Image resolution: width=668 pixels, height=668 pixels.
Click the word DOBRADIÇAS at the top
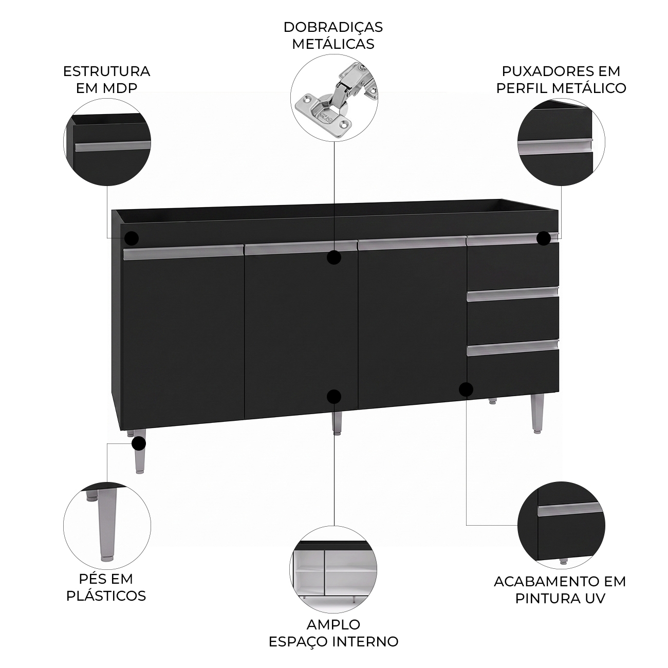(x=333, y=27)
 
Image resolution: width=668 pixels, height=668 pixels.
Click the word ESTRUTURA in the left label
(x=106, y=71)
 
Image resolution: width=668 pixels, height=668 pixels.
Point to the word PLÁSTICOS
(x=106, y=596)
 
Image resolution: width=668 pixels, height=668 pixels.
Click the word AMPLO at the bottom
(x=333, y=624)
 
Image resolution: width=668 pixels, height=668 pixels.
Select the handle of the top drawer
(x=512, y=239)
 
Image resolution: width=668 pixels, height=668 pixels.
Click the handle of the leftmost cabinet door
(x=183, y=253)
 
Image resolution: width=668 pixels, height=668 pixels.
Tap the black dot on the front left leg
(x=139, y=443)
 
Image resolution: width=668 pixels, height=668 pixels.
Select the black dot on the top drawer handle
(x=544, y=238)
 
